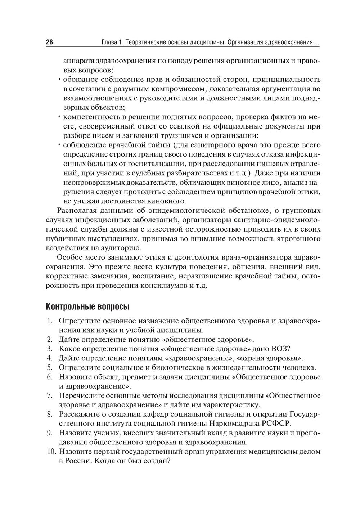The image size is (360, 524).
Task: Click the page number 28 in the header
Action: pos(50,42)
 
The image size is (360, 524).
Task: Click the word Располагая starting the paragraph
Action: pos(75,211)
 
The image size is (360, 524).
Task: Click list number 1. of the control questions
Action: pos(50,321)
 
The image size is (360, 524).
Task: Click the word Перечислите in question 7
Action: pos(80,395)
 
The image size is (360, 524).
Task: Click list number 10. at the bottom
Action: pos(52,451)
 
